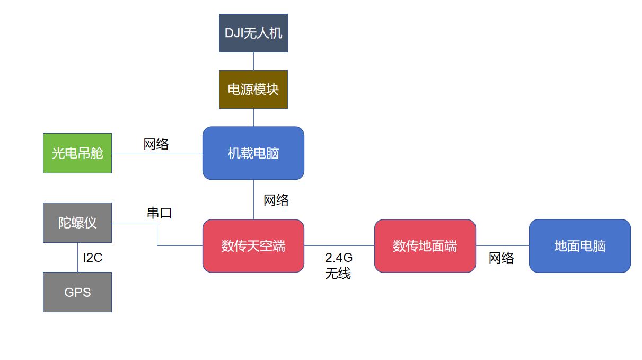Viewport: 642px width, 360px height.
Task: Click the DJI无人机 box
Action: click(x=253, y=33)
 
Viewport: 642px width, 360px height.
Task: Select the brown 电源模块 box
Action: click(x=253, y=89)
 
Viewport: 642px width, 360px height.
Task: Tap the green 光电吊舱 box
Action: click(x=77, y=153)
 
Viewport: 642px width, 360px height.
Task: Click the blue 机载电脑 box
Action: click(x=253, y=153)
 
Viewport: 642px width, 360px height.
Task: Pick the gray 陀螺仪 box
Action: click(x=77, y=223)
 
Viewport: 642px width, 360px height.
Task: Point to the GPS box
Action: click(x=77, y=292)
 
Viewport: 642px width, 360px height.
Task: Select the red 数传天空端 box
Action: click(x=253, y=246)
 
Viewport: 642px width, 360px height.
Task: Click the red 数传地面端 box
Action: click(x=425, y=246)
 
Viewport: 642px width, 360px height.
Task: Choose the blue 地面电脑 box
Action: click(x=580, y=246)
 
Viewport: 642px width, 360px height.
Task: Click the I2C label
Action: click(x=93, y=258)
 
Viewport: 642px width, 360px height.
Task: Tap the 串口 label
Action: click(x=159, y=213)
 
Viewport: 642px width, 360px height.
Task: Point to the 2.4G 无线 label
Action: click(x=339, y=266)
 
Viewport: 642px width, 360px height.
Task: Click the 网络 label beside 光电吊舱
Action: click(x=156, y=144)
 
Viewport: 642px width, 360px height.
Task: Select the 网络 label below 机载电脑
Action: click(x=276, y=200)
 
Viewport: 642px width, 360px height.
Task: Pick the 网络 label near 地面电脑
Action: click(x=502, y=258)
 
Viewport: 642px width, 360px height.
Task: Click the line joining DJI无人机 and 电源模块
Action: click(x=253, y=61)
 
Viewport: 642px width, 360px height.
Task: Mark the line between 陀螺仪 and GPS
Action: click(x=77, y=257)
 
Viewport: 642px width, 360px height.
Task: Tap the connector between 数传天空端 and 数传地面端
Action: click(x=339, y=246)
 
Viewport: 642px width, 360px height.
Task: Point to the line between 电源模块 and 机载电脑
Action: click(x=253, y=118)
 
